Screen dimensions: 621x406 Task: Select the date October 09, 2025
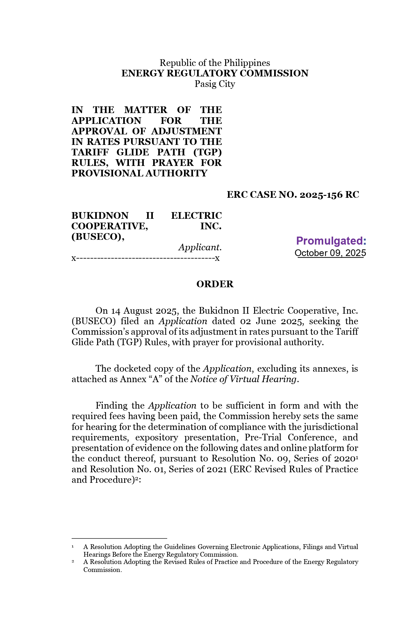click(x=330, y=253)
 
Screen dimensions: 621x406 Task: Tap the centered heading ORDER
click(x=215, y=284)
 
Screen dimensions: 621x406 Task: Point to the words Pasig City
click(x=215, y=84)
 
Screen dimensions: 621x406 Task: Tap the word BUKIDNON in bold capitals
click(x=100, y=216)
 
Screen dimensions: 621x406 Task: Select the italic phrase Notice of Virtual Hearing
click(x=243, y=379)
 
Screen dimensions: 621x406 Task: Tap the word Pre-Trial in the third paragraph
click(x=263, y=438)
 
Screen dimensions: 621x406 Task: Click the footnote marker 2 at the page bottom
click(x=73, y=561)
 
